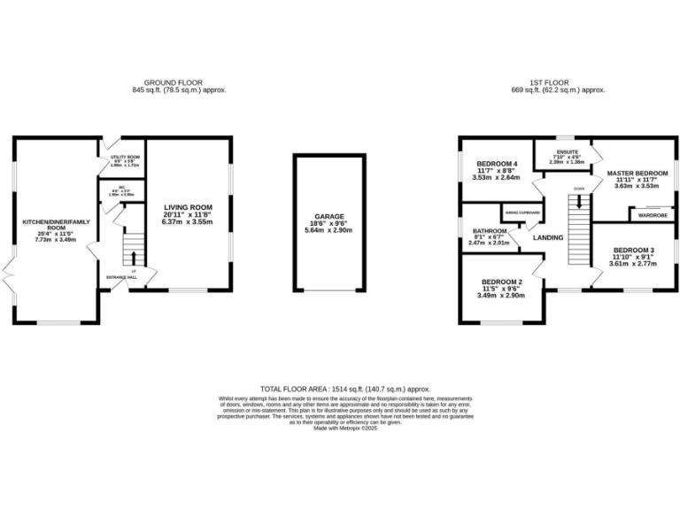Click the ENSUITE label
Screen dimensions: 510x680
[x=568, y=151]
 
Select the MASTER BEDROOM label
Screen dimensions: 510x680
[x=637, y=173]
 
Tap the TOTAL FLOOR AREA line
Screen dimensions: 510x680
[x=344, y=388]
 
